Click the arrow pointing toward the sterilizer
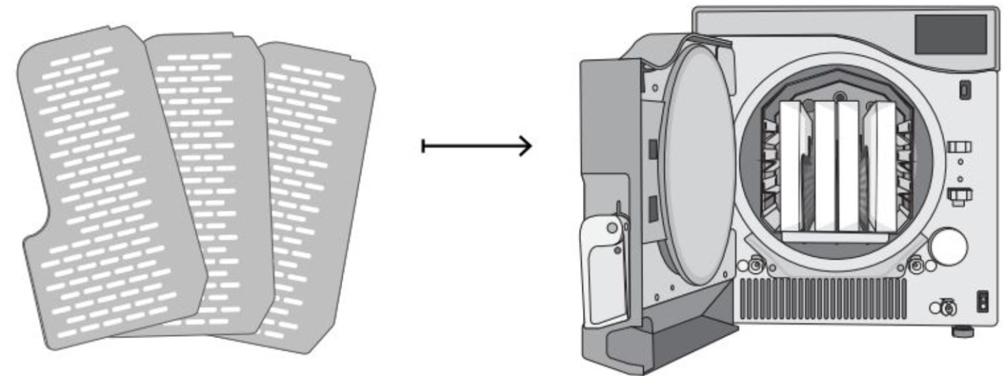click(478, 146)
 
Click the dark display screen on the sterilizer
click(949, 35)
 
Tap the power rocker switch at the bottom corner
click(983, 300)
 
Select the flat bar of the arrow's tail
click(424, 146)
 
